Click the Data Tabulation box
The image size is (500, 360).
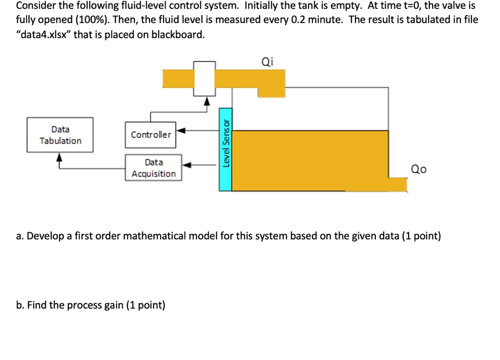tap(60, 135)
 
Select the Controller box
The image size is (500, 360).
tap(150, 135)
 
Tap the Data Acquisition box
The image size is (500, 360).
tap(153, 168)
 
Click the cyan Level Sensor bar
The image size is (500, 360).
tap(225, 149)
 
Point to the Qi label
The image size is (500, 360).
tap(268, 62)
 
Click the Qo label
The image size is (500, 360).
tap(418, 169)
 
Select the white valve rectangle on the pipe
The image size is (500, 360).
tap(205, 78)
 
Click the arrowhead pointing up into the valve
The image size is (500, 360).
tap(207, 101)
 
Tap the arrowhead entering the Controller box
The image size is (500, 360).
tap(181, 130)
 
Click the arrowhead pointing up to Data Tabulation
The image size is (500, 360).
tap(60, 157)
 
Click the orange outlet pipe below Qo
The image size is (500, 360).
tap(398, 184)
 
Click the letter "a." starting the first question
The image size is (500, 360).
tap(20, 236)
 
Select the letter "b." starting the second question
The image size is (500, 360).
tap(20, 305)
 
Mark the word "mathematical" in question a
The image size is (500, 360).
tap(151, 236)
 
